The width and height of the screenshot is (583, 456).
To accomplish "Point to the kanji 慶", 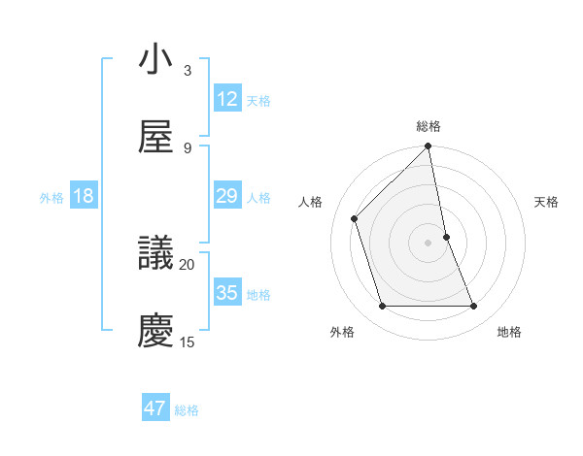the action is click(156, 330).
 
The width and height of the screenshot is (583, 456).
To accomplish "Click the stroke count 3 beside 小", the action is click(188, 71).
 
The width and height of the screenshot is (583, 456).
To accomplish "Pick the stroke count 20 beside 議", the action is click(188, 264).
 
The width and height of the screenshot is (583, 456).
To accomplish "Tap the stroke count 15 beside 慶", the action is click(188, 342).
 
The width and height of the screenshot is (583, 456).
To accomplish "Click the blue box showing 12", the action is click(227, 99).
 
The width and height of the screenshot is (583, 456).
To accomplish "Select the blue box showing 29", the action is click(227, 196).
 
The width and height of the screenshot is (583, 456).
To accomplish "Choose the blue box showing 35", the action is click(227, 293).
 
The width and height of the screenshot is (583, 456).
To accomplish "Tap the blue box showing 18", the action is click(84, 196).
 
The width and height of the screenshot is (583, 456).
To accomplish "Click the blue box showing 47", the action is click(155, 408).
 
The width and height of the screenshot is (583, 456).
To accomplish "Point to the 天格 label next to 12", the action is click(258, 101).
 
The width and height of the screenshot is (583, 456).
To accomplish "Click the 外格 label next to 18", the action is click(51, 198).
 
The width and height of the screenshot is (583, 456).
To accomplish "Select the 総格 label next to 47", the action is click(187, 410).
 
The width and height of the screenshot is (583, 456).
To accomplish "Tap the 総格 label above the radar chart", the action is click(429, 126).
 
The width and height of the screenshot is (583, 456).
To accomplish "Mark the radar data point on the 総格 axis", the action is click(429, 147).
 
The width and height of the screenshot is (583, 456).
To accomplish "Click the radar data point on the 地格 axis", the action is click(474, 307).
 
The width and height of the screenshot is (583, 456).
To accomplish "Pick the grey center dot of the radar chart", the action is click(429, 243).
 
